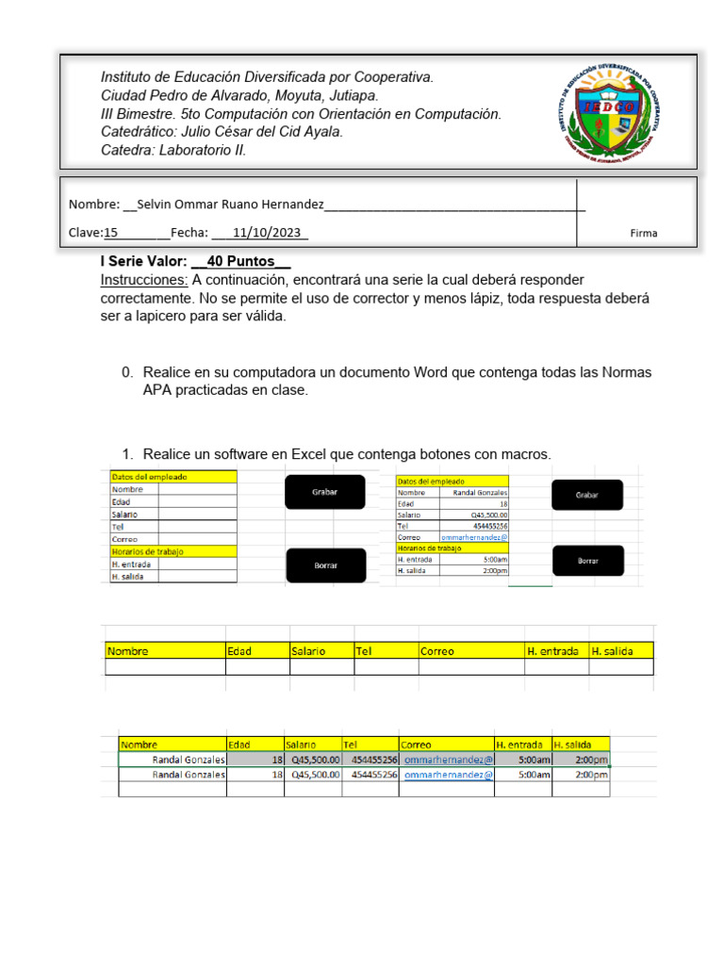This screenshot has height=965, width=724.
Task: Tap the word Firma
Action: coord(644,234)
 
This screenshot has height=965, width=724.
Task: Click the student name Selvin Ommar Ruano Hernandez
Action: coord(231,204)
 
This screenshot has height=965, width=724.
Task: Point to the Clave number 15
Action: coord(110,233)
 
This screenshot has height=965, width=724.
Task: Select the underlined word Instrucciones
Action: coord(144,280)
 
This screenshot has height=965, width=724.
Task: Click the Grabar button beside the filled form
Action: coord(587,495)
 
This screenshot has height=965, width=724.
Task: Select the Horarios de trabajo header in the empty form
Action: coord(147,551)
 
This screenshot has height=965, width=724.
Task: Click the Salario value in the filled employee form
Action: coord(488,515)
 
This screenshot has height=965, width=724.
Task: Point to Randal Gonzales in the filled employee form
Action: coord(480,493)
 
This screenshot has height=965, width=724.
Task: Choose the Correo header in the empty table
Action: coord(437,651)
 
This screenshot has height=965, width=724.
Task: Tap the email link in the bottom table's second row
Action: coord(448,775)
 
